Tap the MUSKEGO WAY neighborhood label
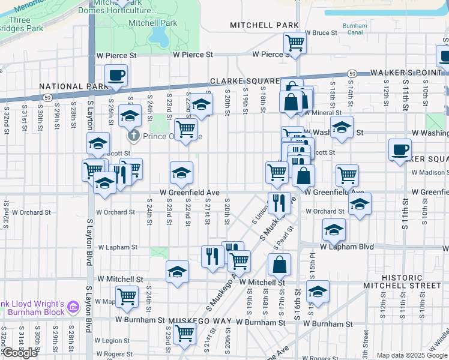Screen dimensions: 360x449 200,321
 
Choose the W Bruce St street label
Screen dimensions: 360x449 321,33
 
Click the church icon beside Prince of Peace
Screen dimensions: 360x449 134,136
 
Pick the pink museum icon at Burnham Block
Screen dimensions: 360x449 74,307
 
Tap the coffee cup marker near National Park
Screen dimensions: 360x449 116,76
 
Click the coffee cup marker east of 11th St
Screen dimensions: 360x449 400,150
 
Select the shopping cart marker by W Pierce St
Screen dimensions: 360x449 295,43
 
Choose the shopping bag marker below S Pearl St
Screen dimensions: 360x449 280,265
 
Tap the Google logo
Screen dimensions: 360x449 20,353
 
